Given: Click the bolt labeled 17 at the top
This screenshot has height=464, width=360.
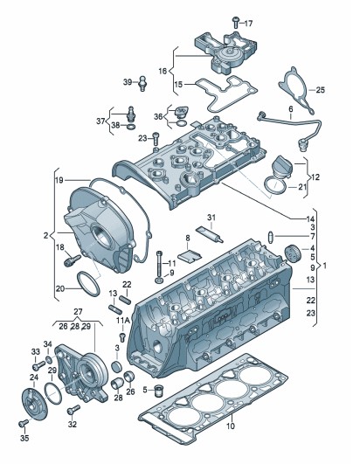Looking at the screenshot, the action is point(236,22).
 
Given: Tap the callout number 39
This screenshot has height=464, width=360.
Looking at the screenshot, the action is point(128,82).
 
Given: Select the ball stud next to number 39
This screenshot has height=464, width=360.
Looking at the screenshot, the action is point(142,83).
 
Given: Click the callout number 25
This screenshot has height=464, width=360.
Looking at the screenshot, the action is point(320,90).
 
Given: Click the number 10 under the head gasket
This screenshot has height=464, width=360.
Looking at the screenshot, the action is point(231,426).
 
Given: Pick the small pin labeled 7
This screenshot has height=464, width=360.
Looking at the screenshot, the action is point(270,237).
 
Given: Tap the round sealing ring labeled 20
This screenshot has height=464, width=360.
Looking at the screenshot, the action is point(88,284).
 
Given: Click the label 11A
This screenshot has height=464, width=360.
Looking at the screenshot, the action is point(122,320).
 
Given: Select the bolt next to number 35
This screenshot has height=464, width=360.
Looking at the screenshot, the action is point(24,424).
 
